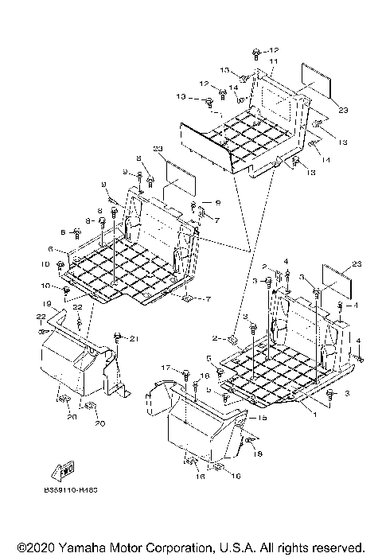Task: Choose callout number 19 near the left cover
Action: point(47,305)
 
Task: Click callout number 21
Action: point(134,340)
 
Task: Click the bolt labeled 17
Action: point(185,372)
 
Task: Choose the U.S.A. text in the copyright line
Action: point(232,547)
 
